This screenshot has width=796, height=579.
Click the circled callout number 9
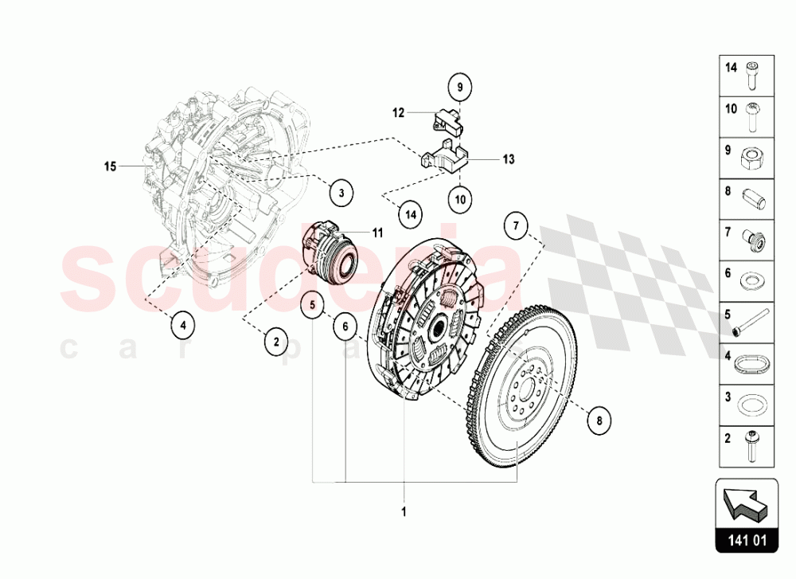pos(459,84)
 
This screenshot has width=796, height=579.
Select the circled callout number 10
pos(459,200)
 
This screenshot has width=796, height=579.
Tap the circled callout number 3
pos(340,192)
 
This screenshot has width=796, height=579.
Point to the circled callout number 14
pos(410,213)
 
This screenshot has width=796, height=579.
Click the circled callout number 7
pos(516,226)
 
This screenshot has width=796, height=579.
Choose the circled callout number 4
pos(182,324)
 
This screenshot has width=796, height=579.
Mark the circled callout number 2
pos(275,342)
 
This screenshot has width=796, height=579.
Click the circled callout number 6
pos(345,325)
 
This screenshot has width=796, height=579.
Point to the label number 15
pos(111,166)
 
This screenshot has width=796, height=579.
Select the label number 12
pos(398,113)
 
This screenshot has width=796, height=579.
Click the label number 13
pos(509,159)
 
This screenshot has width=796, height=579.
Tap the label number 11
pos(377,233)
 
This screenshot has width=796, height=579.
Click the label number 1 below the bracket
pos(404,512)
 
